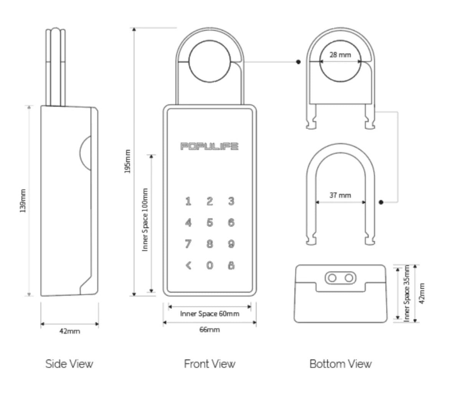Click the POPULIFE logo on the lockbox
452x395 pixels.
pos(209,146)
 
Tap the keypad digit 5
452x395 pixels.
pos(210,222)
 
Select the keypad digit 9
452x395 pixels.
pos(231,244)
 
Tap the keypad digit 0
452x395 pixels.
pos(210,266)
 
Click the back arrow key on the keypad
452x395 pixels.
pos(188,266)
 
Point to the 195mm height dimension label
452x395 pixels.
pos(128,161)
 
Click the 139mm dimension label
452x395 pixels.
pos(23,201)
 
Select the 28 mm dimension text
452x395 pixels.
pos(340,55)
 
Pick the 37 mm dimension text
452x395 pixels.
pos(340,195)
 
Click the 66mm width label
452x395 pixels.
pos(210,330)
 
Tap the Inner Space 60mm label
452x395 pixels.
pos(210,314)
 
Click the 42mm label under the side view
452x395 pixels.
pos(69,331)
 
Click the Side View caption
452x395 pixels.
pos(69,363)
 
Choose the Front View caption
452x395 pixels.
pos(210,363)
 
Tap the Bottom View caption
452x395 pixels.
pos(340,363)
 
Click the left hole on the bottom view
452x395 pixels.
pos(332,278)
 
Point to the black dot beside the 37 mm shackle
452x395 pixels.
pos(381,202)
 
